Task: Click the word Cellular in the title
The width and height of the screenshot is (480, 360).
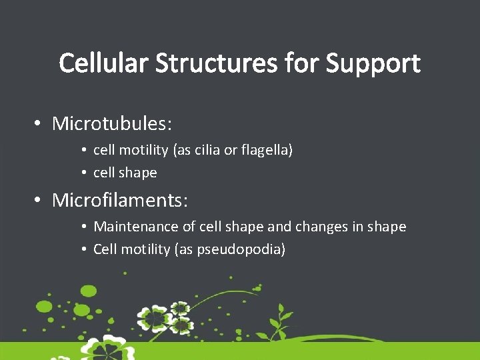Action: [104, 64]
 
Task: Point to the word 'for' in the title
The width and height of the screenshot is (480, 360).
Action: [303, 64]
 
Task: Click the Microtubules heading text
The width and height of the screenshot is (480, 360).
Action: [112, 124]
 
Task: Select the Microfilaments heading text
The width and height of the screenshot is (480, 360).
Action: [119, 199]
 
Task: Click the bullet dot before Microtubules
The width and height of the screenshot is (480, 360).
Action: [39, 124]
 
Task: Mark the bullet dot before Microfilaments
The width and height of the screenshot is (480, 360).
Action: [39, 199]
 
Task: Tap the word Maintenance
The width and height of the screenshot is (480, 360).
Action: [136, 227]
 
